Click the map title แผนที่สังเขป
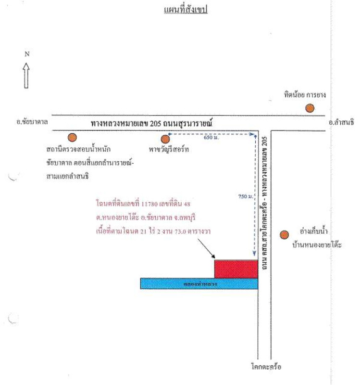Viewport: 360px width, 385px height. pos(185,9)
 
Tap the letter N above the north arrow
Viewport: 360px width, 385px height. pos(27,54)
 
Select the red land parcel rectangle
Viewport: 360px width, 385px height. pos(236,269)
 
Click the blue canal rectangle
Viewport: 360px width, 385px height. pos(199,283)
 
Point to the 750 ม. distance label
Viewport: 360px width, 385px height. pos(244,196)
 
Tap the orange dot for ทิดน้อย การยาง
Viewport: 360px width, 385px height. pos(310,108)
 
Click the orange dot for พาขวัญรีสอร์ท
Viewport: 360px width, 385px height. pos(165,139)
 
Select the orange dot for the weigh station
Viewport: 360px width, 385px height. pos(72,137)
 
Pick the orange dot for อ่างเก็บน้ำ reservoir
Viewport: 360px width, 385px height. pos(284,235)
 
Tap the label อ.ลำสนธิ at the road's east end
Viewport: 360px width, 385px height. pos(341,123)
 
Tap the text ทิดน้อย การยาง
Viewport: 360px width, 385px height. pos(305,95)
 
